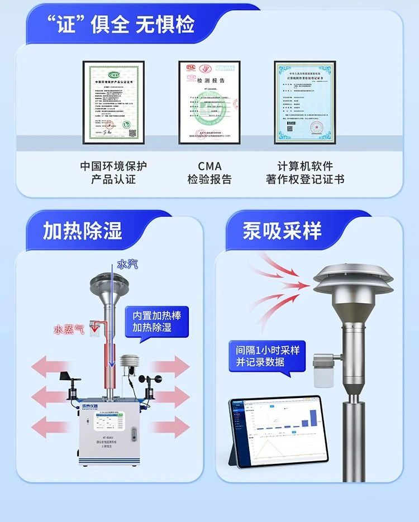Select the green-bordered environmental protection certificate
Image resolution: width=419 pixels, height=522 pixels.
(x=113, y=102)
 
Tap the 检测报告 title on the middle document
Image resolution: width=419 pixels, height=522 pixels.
(x=209, y=80)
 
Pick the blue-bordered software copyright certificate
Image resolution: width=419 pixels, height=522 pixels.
(x=304, y=102)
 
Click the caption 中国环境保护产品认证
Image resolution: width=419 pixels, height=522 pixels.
(x=113, y=173)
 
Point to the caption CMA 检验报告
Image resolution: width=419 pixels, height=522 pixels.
(x=209, y=173)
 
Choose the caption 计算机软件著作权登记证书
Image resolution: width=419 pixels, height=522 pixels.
(x=305, y=173)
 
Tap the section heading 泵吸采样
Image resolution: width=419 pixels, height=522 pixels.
(x=282, y=231)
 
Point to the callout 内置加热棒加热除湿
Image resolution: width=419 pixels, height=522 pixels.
(x=156, y=321)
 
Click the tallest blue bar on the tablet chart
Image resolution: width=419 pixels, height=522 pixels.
(x=313, y=417)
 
